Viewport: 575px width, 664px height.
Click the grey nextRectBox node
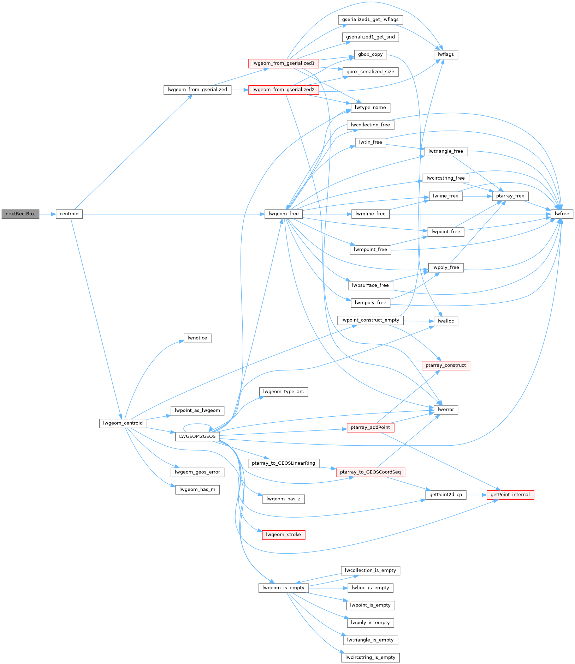(20, 214)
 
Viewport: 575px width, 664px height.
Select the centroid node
(69, 214)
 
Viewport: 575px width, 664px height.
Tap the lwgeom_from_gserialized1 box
(283, 63)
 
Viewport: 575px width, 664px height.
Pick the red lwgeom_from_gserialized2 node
(283, 90)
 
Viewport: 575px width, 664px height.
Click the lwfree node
(562, 214)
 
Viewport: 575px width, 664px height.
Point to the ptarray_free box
(510, 196)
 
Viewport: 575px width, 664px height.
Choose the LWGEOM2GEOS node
(197, 436)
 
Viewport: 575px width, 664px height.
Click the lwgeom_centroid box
(123, 423)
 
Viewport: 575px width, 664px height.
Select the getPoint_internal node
(510, 495)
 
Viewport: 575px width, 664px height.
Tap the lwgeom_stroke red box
(283, 535)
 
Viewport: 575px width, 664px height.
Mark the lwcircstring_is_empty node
(370, 657)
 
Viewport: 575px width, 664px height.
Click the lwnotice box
(197, 338)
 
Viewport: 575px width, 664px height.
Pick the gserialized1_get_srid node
(370, 37)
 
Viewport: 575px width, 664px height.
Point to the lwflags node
(445, 54)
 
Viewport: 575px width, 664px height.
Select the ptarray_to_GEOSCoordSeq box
(370, 472)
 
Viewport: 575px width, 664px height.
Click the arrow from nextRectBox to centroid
(47, 214)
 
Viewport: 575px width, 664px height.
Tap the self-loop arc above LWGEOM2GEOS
(197, 425)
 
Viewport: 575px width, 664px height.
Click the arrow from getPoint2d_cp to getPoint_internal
(476, 495)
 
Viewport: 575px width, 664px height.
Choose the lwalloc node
(445, 321)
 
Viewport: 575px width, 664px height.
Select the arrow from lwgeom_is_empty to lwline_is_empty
(328, 588)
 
